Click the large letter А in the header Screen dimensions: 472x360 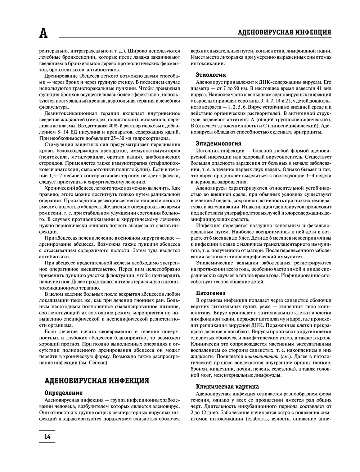(x=43, y=33)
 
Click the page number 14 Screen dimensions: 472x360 (x=47, y=436)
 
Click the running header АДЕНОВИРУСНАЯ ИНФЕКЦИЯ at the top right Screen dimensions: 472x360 (x=285, y=32)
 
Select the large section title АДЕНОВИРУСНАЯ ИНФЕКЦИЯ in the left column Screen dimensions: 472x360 (x=96, y=381)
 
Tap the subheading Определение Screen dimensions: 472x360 (x=63, y=392)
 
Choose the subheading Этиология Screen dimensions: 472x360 (x=211, y=75)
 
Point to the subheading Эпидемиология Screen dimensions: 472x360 (x=219, y=143)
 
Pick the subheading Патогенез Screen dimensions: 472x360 (x=211, y=293)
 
